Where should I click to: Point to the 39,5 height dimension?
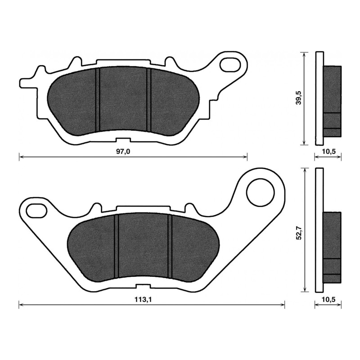(x=298, y=98)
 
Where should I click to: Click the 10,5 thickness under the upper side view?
(x=328, y=152)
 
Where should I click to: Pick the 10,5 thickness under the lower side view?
(x=328, y=300)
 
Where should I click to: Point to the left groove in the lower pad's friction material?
(x=116, y=246)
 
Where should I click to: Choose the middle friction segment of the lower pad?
(x=143, y=246)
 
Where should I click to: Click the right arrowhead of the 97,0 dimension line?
(x=245, y=157)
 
